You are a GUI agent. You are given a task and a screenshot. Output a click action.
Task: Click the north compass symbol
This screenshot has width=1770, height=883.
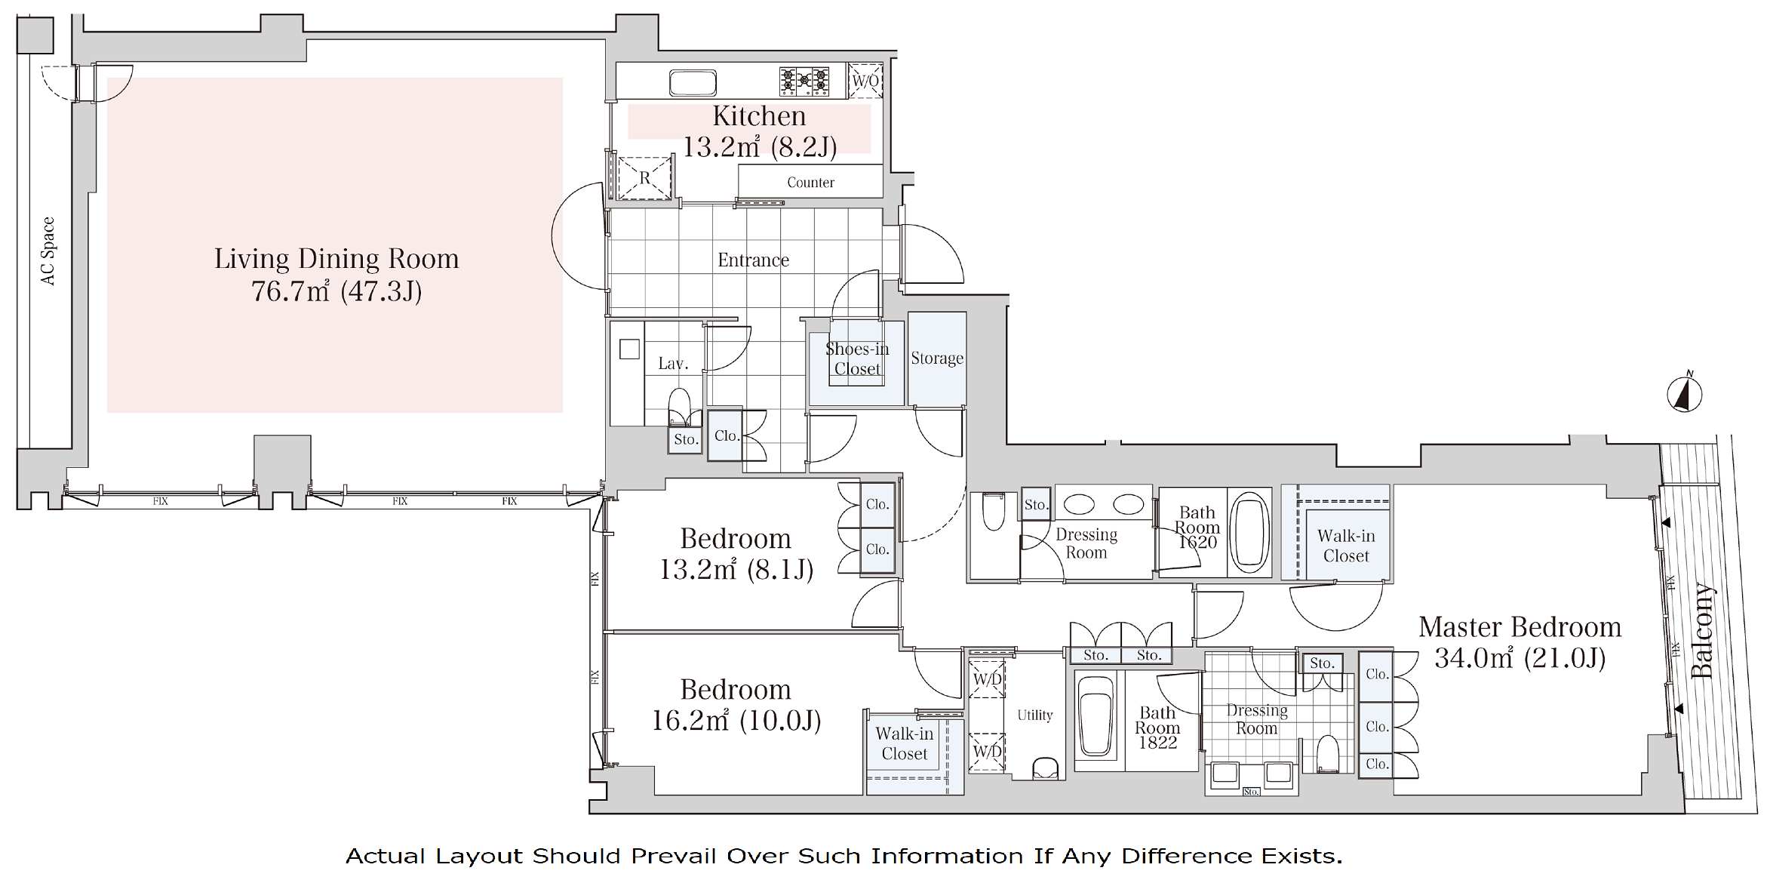click(x=1684, y=392)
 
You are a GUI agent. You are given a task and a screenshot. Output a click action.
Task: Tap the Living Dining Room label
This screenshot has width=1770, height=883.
click(x=336, y=259)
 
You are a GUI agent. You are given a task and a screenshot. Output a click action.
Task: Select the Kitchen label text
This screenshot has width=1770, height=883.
click(x=759, y=115)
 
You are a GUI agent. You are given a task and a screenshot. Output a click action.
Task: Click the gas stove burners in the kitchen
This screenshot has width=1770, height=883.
click(x=804, y=82)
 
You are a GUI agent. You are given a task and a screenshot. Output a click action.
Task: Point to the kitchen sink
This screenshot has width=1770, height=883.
click(x=693, y=82)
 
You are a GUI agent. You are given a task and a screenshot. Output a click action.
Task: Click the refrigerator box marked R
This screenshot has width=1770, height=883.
click(x=644, y=178)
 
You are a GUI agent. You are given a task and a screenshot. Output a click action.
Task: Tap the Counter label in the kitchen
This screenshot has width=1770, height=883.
click(x=810, y=183)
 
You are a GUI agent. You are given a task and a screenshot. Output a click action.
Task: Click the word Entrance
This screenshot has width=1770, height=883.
click(x=753, y=260)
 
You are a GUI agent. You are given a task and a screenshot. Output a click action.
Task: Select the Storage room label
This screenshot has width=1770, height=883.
click(x=937, y=358)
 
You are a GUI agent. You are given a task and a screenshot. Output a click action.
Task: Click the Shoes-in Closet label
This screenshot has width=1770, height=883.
click(x=857, y=358)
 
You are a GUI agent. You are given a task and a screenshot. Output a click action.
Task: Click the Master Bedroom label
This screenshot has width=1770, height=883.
click(x=1520, y=627)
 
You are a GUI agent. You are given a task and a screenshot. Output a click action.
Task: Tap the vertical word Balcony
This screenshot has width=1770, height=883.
click(x=1703, y=630)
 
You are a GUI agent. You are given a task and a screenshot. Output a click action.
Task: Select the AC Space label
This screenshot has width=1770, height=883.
click(x=48, y=251)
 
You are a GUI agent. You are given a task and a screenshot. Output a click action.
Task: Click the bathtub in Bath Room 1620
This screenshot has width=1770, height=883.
click(x=1249, y=532)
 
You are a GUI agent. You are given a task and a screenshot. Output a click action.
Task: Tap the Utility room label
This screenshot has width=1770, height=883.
click(x=1034, y=715)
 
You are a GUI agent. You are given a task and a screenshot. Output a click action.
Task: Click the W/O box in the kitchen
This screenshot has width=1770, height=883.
click(x=865, y=81)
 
